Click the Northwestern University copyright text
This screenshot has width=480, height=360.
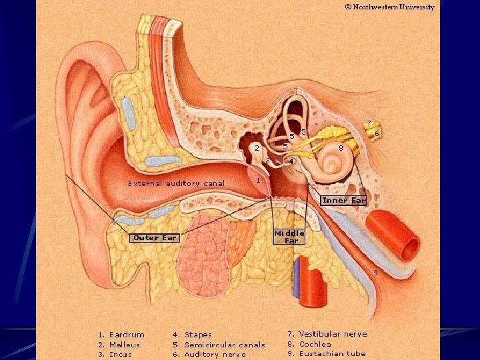pos(390,7)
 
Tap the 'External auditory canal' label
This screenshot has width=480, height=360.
pos(176,183)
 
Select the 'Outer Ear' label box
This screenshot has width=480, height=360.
pos(154,237)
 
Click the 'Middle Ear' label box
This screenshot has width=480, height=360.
pos(290,237)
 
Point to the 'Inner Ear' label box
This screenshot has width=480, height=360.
pos(343,200)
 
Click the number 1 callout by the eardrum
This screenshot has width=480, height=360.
pos(257,181)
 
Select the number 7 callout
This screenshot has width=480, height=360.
pos(369,123)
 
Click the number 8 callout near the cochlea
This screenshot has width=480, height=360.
pos(341,147)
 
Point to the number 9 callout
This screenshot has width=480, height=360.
pos(375,272)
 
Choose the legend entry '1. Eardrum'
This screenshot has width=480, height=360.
pos(121,335)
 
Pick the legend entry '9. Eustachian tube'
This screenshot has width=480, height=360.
pos(327,354)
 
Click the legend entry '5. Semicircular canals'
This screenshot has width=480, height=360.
pos(219,345)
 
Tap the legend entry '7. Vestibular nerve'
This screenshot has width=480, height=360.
pos(327,333)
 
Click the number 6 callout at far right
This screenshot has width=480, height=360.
pos(377,133)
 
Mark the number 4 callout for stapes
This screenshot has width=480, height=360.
pos(292,162)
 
